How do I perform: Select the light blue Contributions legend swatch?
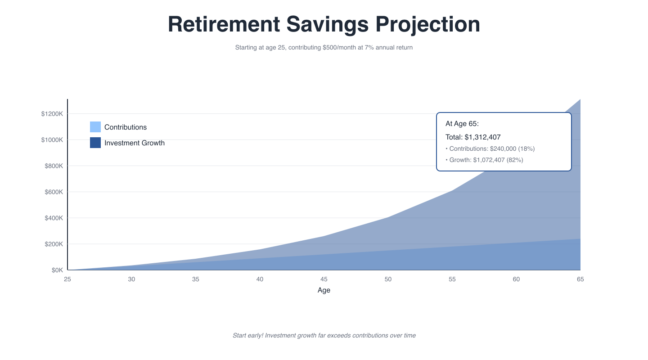(95, 127)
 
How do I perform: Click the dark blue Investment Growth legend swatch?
(95, 143)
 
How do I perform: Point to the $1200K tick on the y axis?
(52, 114)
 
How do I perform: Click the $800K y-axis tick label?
(54, 166)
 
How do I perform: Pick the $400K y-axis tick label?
(54, 218)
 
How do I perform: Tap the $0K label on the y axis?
(57, 270)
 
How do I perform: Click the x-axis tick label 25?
(67, 279)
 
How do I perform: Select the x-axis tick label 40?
(260, 279)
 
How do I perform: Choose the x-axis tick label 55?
(452, 279)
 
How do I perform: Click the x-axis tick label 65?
(580, 279)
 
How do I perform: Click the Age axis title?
(324, 290)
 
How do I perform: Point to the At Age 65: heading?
(462, 124)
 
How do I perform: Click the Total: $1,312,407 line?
(473, 137)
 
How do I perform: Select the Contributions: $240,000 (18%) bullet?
(490, 148)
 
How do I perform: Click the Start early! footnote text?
(324, 335)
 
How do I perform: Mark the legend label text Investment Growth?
(135, 143)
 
